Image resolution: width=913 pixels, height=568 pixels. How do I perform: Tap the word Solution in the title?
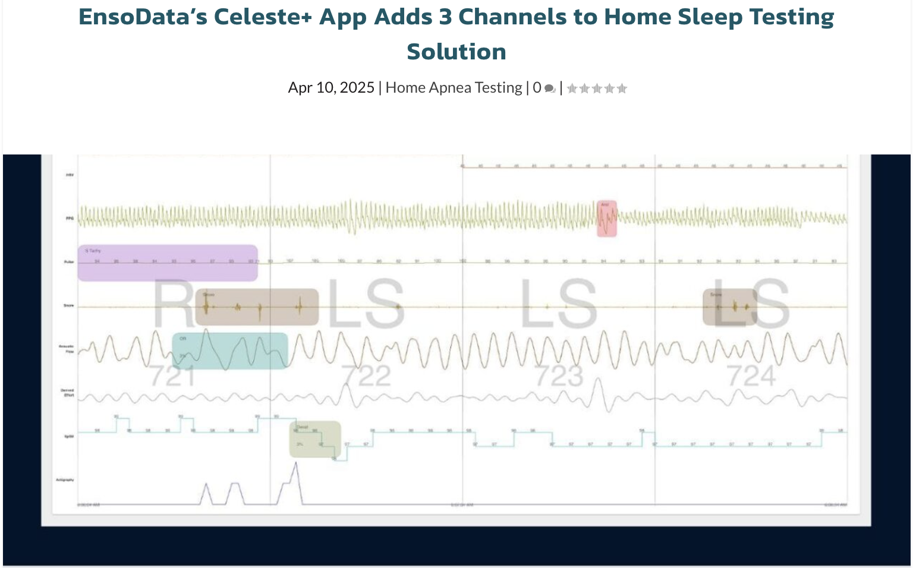click(456, 52)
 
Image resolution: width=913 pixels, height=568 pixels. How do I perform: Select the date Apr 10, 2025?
click(331, 88)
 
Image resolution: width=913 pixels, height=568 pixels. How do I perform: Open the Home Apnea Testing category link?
click(454, 88)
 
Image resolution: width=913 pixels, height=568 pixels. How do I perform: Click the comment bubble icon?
click(550, 89)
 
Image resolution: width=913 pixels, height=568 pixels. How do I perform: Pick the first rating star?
click(572, 89)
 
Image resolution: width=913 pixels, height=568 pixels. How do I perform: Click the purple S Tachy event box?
click(168, 263)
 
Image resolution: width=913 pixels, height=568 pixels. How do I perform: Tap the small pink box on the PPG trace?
click(607, 219)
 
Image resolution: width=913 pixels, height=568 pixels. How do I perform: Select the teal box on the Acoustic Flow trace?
click(230, 351)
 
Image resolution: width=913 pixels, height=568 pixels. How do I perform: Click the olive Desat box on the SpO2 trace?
click(315, 439)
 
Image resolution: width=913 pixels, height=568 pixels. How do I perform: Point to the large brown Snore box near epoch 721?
click(257, 307)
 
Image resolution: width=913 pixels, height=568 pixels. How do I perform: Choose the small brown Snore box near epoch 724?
click(729, 307)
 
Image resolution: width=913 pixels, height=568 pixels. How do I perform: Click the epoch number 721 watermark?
click(172, 376)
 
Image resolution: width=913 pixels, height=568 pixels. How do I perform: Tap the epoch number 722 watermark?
click(366, 376)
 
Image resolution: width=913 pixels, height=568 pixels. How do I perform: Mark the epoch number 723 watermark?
click(559, 376)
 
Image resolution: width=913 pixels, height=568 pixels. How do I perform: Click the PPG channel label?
click(70, 219)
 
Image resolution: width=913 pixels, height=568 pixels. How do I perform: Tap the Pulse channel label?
click(69, 262)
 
